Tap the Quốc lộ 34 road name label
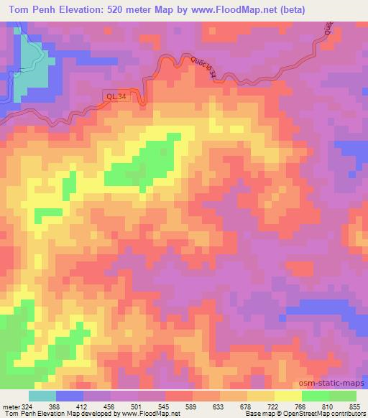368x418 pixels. [201, 71]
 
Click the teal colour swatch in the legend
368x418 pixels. [42, 396]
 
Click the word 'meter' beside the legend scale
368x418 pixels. [11, 406]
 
